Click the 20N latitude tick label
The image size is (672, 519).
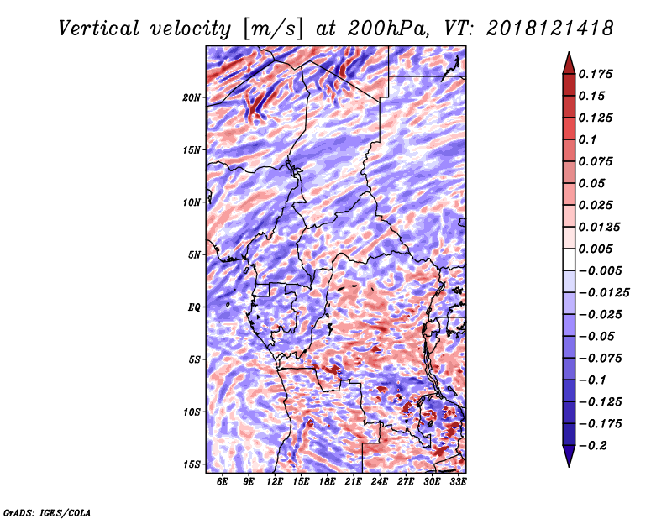(x=192, y=97)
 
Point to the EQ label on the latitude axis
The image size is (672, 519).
(x=194, y=307)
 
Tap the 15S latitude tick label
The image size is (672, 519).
(x=192, y=464)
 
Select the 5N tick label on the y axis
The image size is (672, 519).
(x=194, y=255)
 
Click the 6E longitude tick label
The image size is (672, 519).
(x=222, y=481)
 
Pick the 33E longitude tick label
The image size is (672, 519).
(x=458, y=481)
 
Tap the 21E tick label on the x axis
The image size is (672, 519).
(x=353, y=481)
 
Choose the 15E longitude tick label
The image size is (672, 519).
(x=301, y=481)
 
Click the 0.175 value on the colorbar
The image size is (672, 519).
(x=596, y=74)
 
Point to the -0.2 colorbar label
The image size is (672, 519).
(x=593, y=446)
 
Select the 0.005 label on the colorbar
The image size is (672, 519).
(x=596, y=249)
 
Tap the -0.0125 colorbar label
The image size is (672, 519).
(x=604, y=293)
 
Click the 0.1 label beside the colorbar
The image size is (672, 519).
(x=587, y=139)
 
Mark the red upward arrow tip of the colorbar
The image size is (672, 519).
(x=569, y=52)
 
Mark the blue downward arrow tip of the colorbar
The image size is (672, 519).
(x=569, y=466)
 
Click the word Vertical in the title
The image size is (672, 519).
(x=98, y=29)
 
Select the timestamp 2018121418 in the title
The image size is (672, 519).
(x=550, y=29)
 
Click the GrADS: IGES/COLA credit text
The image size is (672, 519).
(x=47, y=513)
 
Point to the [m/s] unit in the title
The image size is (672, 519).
(x=273, y=29)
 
